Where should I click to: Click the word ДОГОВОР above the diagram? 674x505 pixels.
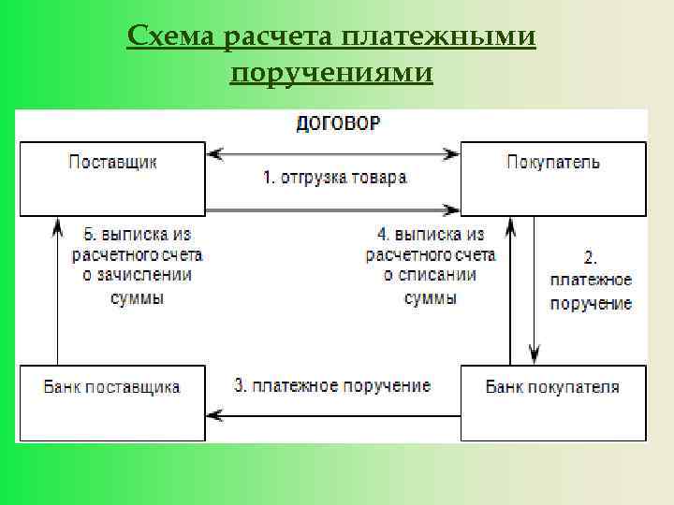338,123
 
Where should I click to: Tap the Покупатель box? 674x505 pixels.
552,178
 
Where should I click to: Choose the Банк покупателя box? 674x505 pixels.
552,402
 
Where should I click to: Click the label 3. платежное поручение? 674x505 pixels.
332,385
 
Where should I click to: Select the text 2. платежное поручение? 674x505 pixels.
591,280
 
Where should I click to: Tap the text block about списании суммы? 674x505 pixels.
431,265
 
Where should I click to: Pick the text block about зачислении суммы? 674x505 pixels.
137,265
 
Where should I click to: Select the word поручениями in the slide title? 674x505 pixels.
331,72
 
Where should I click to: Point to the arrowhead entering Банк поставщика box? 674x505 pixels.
214,413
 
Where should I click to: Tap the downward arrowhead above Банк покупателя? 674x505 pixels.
535,354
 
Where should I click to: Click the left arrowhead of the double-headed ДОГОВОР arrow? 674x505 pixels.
214,152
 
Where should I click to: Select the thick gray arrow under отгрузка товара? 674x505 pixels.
332,209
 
